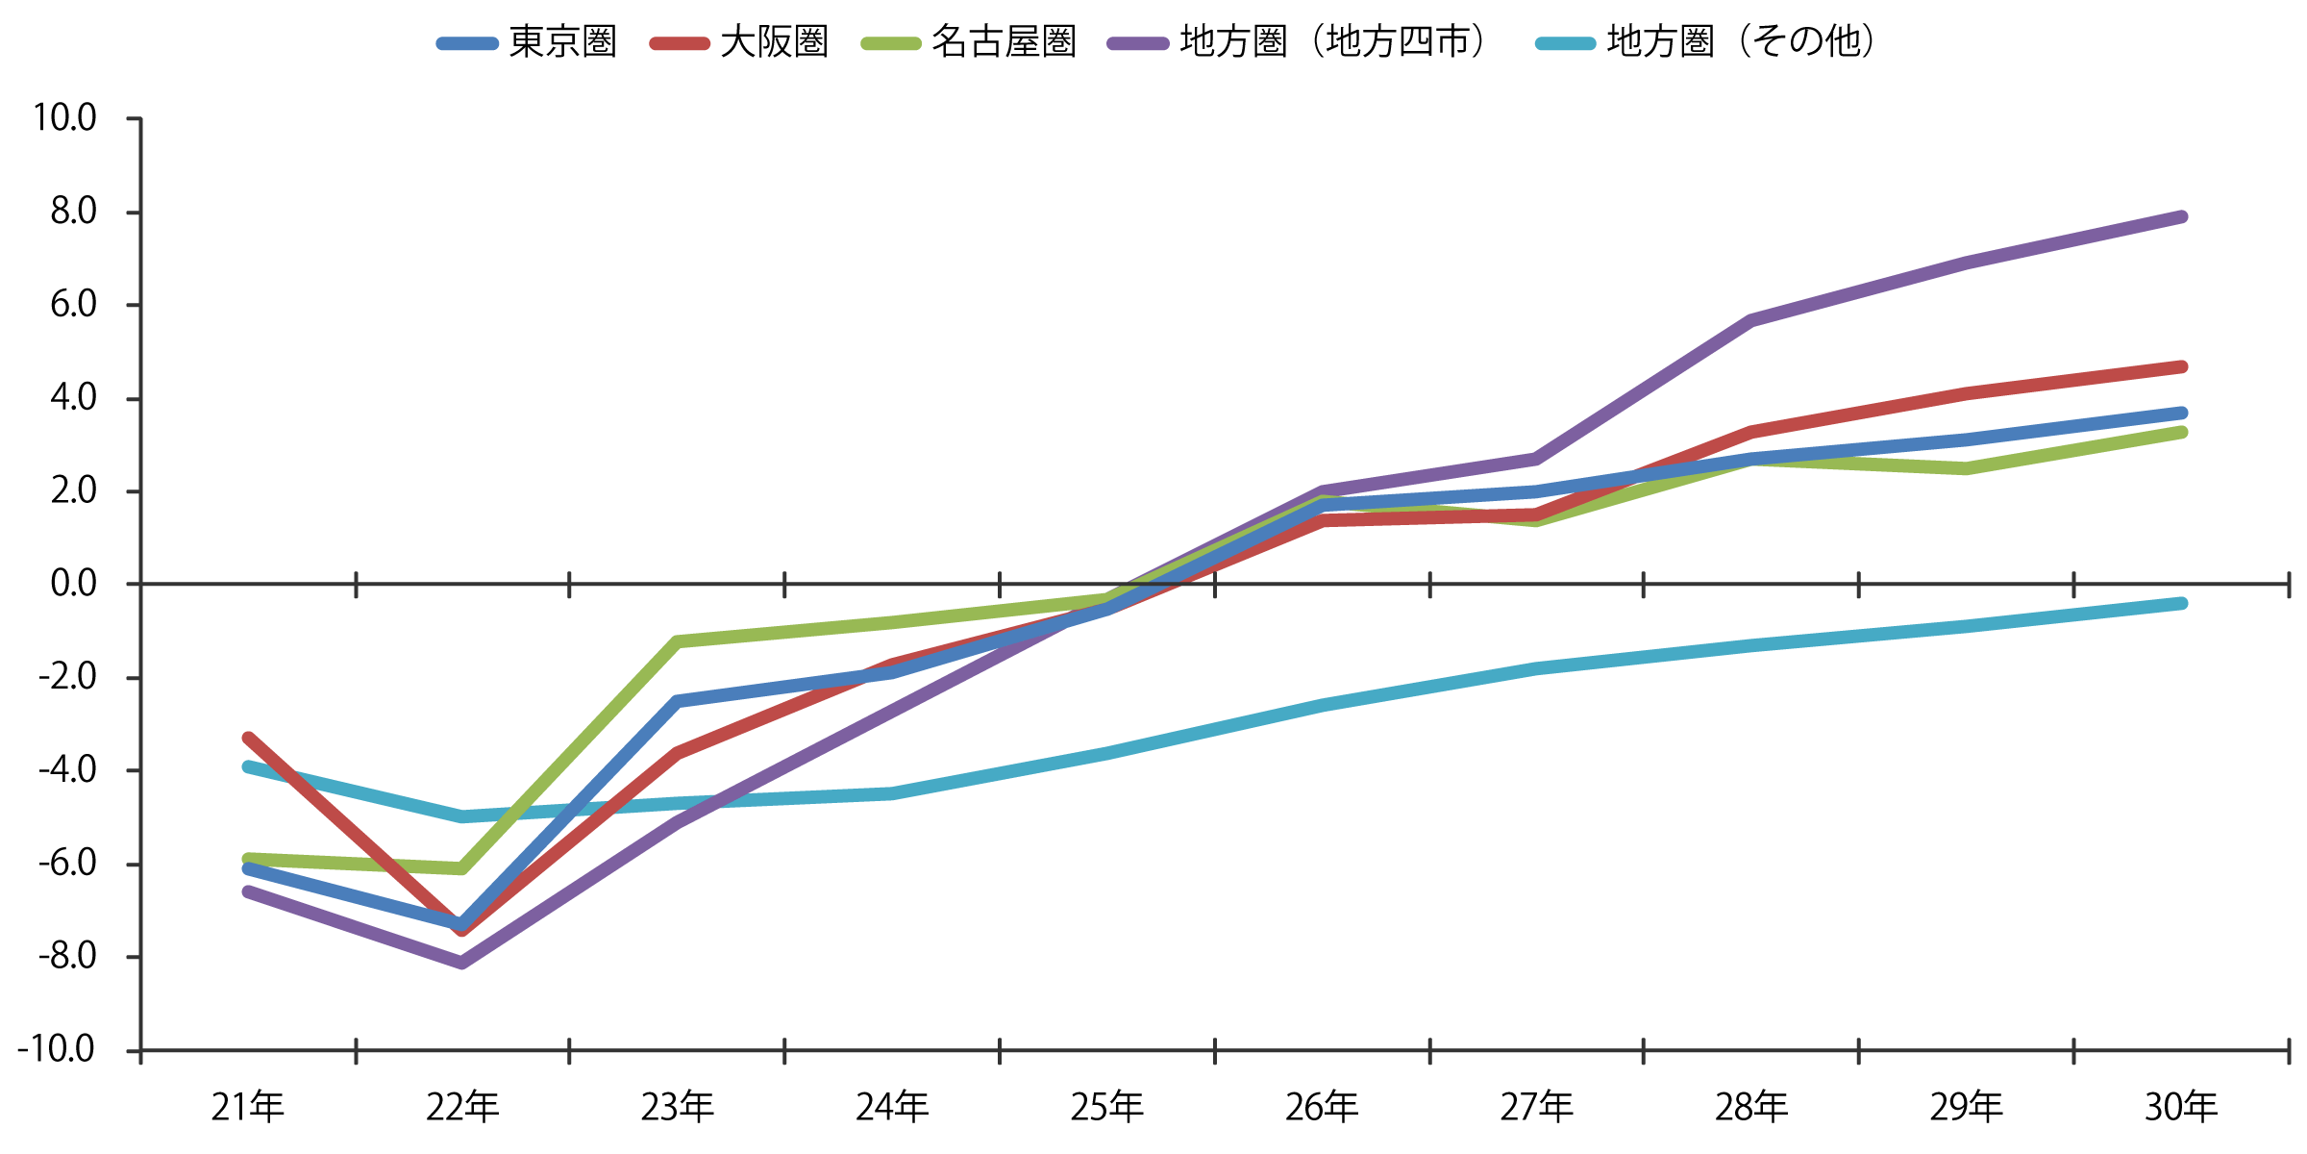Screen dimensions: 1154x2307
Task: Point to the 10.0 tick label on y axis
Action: [65, 118]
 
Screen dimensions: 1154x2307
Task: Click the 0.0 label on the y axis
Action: [73, 584]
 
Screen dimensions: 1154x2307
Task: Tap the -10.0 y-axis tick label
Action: [57, 1049]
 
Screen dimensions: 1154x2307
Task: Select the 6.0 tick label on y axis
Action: [73, 305]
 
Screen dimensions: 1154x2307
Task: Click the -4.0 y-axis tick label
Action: [67, 770]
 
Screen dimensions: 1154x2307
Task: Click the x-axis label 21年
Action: [248, 1108]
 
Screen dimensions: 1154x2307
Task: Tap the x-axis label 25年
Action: [1107, 1108]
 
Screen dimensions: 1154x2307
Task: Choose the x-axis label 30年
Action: [2181, 1108]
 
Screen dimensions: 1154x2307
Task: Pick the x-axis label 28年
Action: [1751, 1108]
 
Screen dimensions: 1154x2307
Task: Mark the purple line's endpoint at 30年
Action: [2181, 217]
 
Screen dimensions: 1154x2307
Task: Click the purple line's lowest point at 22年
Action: [462, 962]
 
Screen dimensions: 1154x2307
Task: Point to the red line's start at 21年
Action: [248, 739]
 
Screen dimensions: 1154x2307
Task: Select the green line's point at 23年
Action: [678, 641]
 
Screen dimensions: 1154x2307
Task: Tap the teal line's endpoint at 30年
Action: [2181, 604]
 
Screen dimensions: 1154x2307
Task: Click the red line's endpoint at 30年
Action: [2181, 367]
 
